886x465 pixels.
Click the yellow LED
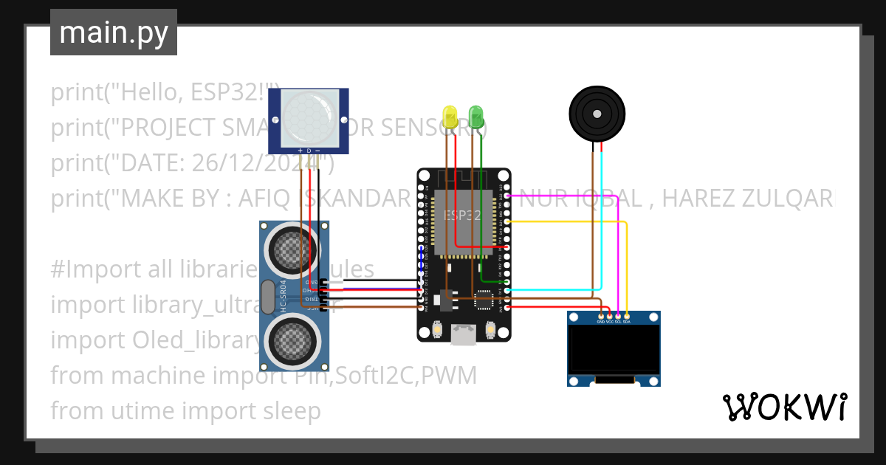click(450, 116)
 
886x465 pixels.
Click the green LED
click(476, 115)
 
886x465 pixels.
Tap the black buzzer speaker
click(597, 114)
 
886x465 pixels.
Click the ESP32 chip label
click(463, 215)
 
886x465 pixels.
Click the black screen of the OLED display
click(614, 351)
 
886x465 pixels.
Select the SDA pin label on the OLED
click(627, 322)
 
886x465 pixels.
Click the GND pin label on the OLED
click(600, 322)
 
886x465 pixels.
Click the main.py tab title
click(114, 32)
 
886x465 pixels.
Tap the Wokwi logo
click(783, 407)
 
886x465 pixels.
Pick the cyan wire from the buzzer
click(602, 221)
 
